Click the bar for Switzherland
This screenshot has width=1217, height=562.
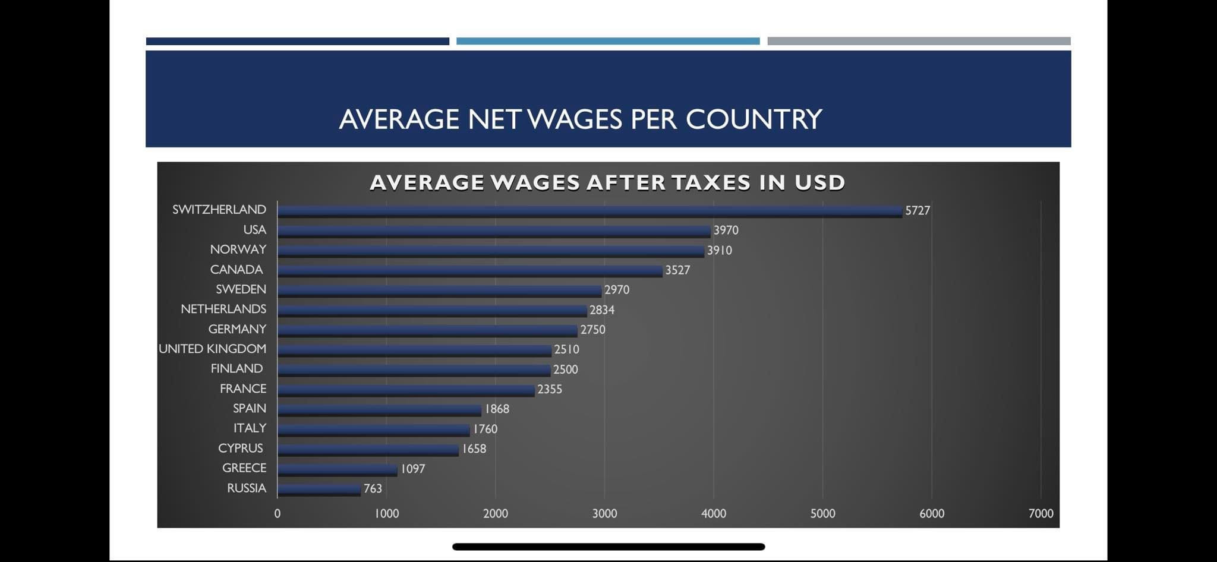589,211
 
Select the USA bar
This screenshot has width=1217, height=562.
494,231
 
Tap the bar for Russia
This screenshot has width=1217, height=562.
319,489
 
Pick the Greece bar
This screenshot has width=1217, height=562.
338,469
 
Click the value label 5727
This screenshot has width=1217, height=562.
918,210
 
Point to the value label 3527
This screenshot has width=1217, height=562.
677,270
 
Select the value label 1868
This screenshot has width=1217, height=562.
497,409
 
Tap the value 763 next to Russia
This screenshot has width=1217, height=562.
373,488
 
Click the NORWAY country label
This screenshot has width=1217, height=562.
238,250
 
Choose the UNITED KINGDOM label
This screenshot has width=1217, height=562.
212,349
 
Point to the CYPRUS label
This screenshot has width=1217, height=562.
240,448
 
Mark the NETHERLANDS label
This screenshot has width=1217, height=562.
223,309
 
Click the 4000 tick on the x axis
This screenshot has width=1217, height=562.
714,513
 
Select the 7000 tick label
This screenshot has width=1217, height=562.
1041,513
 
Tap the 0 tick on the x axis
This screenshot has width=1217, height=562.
278,513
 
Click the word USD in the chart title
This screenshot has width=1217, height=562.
819,182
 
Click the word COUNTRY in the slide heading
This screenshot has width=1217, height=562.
753,119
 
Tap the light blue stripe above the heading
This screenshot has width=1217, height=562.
608,41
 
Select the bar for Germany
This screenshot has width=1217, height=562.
427,330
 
